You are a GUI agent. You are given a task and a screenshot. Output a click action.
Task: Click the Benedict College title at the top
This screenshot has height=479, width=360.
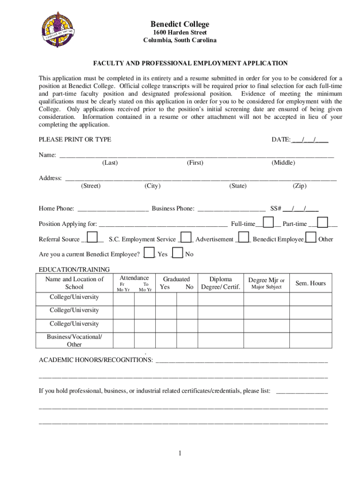click(180, 24)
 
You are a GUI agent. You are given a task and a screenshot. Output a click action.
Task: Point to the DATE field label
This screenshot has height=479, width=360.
click(281, 139)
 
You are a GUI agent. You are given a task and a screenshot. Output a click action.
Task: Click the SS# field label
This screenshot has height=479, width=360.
click(276, 209)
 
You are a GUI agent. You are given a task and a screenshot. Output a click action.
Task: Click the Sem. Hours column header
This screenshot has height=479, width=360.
click(310, 283)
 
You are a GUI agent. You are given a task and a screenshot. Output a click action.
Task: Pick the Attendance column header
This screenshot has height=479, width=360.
click(134, 278)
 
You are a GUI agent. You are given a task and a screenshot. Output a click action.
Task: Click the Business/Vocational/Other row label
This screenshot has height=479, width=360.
click(74, 341)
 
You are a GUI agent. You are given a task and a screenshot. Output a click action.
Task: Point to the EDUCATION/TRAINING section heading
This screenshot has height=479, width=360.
click(74, 269)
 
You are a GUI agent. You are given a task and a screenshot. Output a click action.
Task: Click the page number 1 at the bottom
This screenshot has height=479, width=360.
click(180, 453)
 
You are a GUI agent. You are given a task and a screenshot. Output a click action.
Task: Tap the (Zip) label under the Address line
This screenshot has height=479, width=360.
click(299, 186)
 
